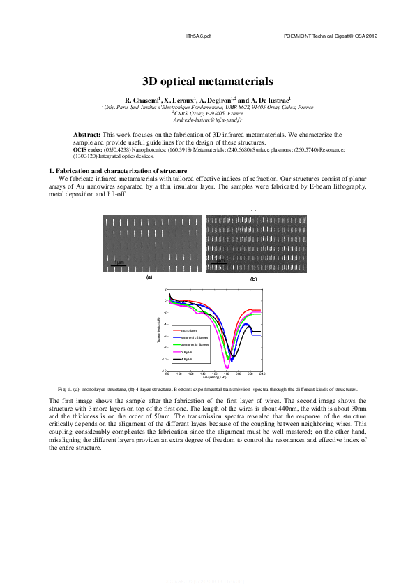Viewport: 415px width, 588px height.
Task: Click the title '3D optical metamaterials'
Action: click(x=207, y=81)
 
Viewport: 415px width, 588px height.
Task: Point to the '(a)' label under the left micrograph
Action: click(x=149, y=277)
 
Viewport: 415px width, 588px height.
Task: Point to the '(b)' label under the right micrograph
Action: click(x=253, y=279)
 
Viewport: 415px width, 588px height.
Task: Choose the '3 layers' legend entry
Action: click(x=186, y=353)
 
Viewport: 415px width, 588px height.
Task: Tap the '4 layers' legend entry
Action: click(x=186, y=360)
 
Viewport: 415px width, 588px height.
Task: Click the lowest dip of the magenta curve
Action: click(x=227, y=367)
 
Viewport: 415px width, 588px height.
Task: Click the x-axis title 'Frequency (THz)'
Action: click(x=214, y=378)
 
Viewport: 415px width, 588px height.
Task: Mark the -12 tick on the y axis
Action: click(x=164, y=371)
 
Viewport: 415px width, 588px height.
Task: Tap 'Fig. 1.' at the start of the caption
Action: click(x=64, y=388)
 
